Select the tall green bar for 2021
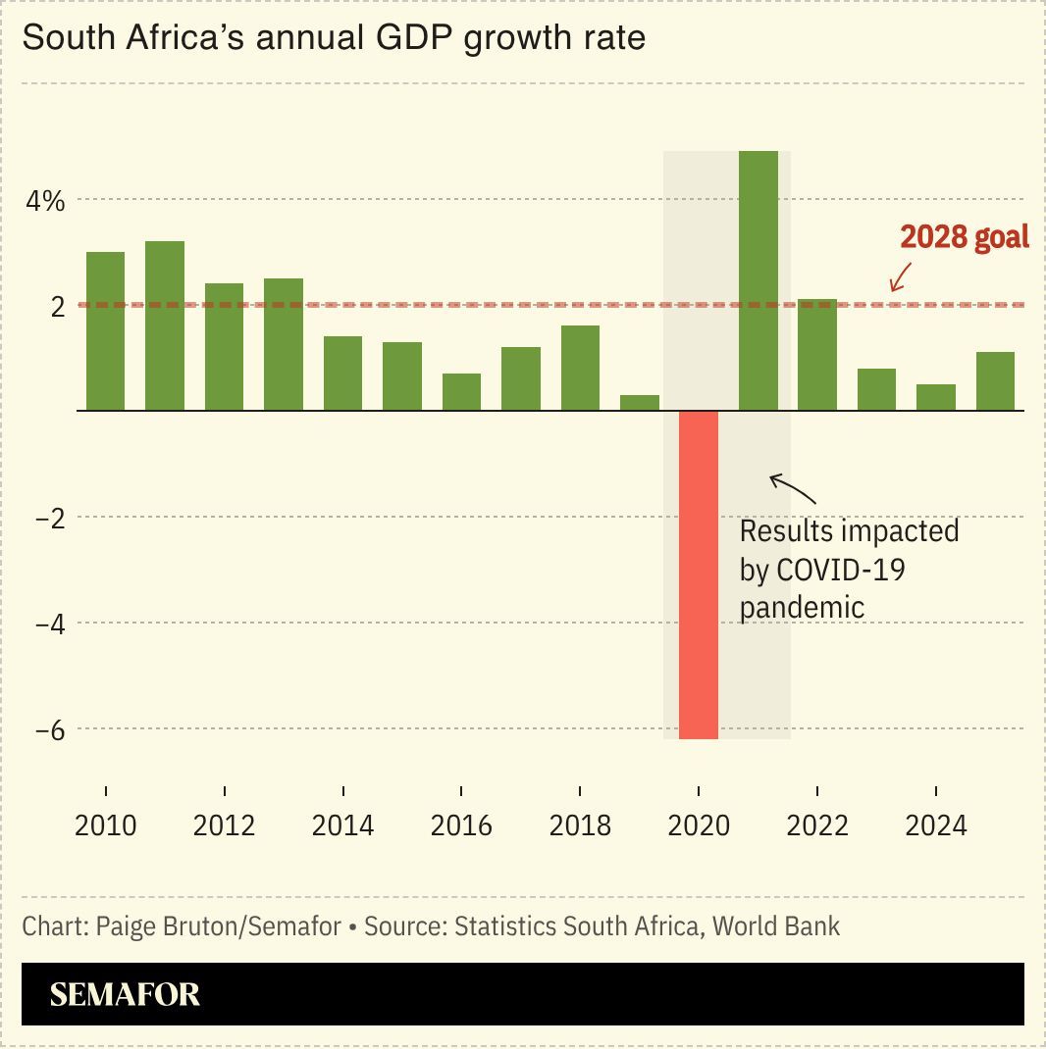tap(758, 280)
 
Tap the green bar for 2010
tap(106, 331)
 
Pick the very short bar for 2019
tap(640, 403)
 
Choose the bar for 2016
tap(461, 392)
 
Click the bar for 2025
tap(995, 381)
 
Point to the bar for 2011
tap(165, 325)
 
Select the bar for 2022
tap(817, 355)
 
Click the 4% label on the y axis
tap(45, 202)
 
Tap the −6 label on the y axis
tap(49, 729)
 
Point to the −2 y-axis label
tap(49, 518)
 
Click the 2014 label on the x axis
tap(342, 825)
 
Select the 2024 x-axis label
tap(935, 825)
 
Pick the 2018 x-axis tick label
tap(580, 825)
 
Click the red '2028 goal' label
tap(965, 237)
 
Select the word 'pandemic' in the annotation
tap(802, 607)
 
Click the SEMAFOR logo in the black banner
tap(125, 994)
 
